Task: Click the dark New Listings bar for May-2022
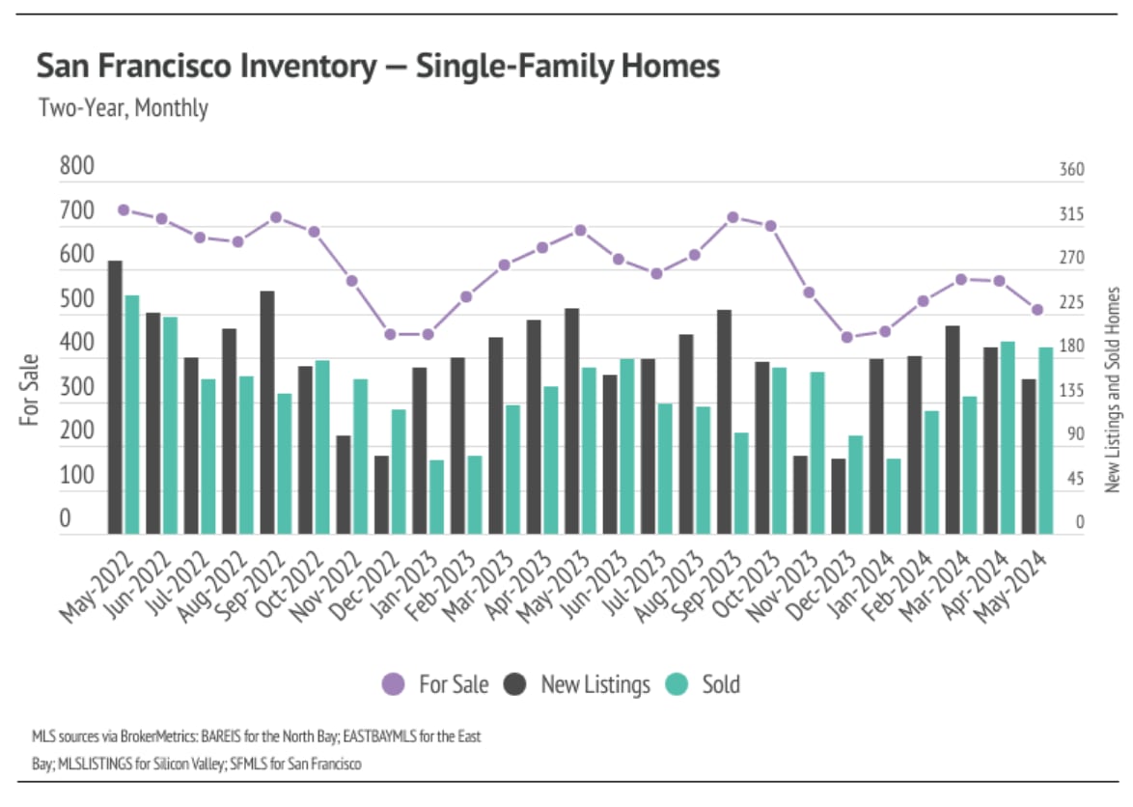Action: pos(115,397)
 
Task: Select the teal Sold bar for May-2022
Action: pos(132,414)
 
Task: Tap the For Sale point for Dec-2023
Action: pos(847,338)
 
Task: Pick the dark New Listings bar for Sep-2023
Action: pos(724,421)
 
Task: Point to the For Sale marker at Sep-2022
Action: pos(275,217)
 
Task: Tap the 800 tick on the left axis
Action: pos(77,167)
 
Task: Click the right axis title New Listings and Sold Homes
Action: pos(1113,389)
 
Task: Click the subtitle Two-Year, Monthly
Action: pos(123,107)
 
